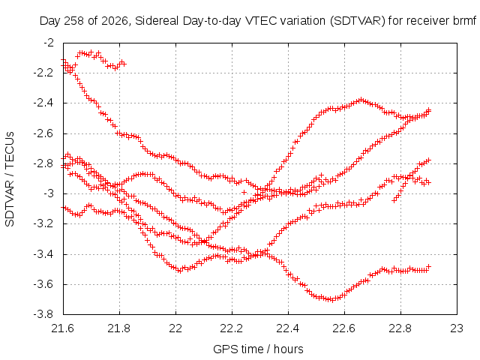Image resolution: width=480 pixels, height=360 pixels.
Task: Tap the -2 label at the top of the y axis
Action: [x=49, y=42]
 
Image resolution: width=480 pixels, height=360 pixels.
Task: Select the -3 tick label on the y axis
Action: [x=49, y=193]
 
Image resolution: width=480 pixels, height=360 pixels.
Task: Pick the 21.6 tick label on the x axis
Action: [x=63, y=328]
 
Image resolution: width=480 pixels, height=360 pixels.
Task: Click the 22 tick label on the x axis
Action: [x=175, y=328]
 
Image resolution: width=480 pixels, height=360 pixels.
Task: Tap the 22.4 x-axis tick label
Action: [x=288, y=328]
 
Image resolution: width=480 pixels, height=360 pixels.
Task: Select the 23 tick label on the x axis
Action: [x=457, y=328]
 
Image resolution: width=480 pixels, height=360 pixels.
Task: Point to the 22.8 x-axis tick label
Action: [x=400, y=328]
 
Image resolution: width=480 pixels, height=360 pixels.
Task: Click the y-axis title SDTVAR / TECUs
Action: [x=10, y=179]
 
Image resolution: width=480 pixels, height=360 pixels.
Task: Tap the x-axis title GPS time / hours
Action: [x=258, y=349]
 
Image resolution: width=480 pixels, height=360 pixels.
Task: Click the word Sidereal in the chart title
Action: [x=157, y=21]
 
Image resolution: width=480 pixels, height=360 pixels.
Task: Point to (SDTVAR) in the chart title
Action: [x=357, y=21]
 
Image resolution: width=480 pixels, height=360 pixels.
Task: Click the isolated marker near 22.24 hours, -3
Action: [x=244, y=192]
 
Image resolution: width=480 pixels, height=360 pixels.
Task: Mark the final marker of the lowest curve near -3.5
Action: [x=429, y=266]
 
